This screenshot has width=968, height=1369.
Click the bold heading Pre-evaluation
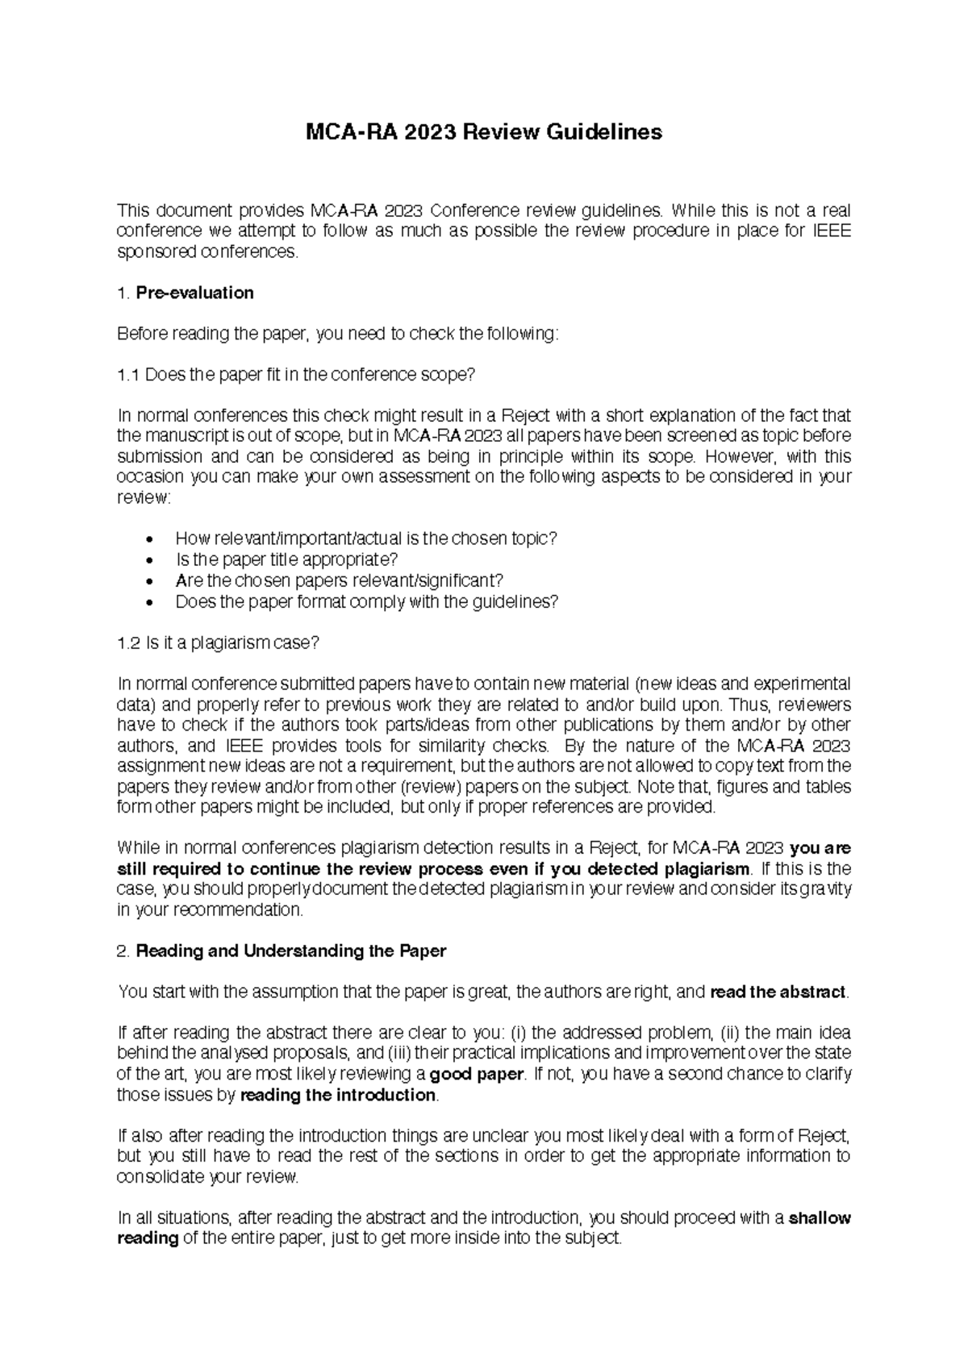[194, 293]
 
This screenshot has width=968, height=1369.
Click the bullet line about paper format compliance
[365, 601]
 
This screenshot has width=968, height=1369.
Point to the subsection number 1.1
[128, 375]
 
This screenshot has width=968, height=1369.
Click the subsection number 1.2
[128, 643]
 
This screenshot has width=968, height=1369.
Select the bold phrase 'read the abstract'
[778, 992]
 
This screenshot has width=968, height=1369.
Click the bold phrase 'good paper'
[477, 1074]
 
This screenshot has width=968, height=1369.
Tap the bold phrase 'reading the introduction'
[338, 1095]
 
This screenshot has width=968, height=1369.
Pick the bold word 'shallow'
[820, 1217]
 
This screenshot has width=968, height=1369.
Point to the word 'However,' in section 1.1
[735, 457]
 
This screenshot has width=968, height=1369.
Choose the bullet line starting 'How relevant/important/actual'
[365, 539]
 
